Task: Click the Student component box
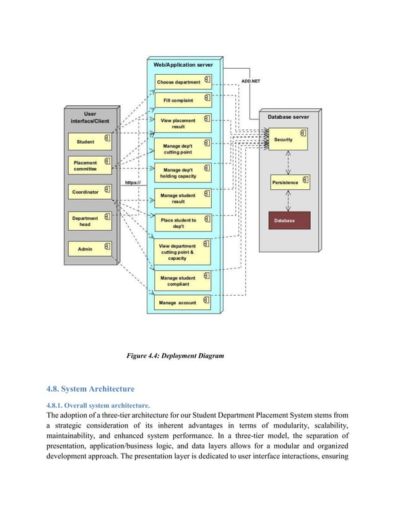pyautogui.click(x=90, y=142)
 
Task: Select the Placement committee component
pyautogui.click(x=90, y=166)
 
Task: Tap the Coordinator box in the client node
pyautogui.click(x=90, y=192)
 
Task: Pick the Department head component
pyautogui.click(x=90, y=221)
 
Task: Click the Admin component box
pyautogui.click(x=90, y=248)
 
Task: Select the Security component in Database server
pyautogui.click(x=289, y=139)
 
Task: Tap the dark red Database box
pyautogui.click(x=289, y=220)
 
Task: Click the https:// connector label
pyautogui.click(x=133, y=182)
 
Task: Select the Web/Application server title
pyautogui.click(x=183, y=64)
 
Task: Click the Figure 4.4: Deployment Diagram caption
pyautogui.click(x=175, y=356)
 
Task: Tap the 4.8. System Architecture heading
pyautogui.click(x=90, y=389)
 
